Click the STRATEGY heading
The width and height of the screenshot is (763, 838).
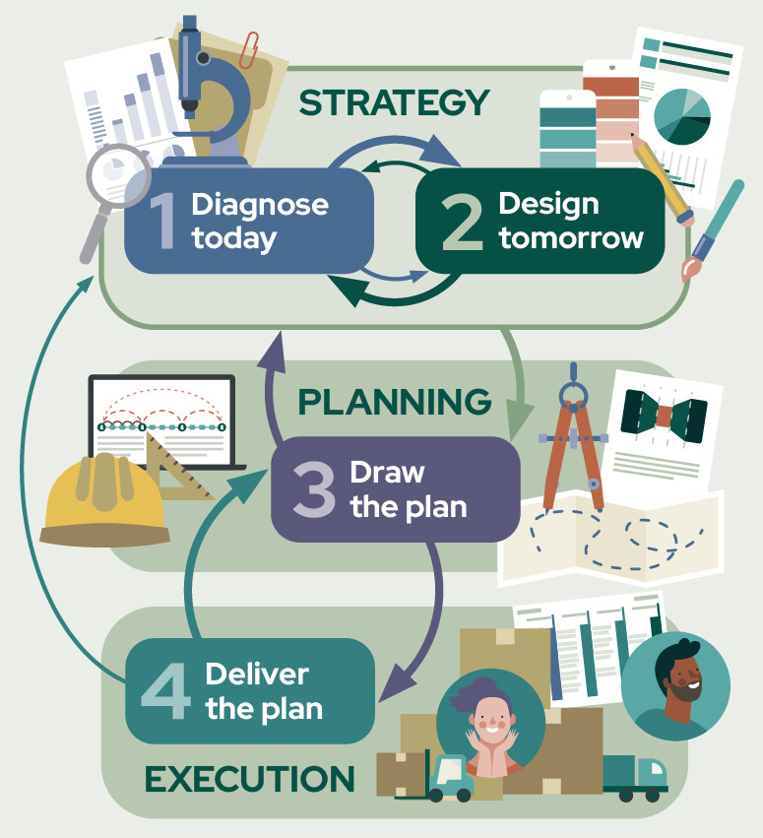(x=394, y=102)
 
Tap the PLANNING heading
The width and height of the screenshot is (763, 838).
(x=394, y=402)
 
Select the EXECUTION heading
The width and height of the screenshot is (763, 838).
(x=250, y=779)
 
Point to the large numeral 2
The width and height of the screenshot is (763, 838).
(x=461, y=222)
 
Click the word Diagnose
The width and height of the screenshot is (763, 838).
(x=260, y=205)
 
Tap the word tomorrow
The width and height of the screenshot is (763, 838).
(x=571, y=237)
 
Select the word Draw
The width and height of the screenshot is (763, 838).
(x=387, y=472)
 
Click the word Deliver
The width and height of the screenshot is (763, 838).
(x=257, y=675)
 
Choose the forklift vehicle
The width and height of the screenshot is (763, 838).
(x=437, y=774)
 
